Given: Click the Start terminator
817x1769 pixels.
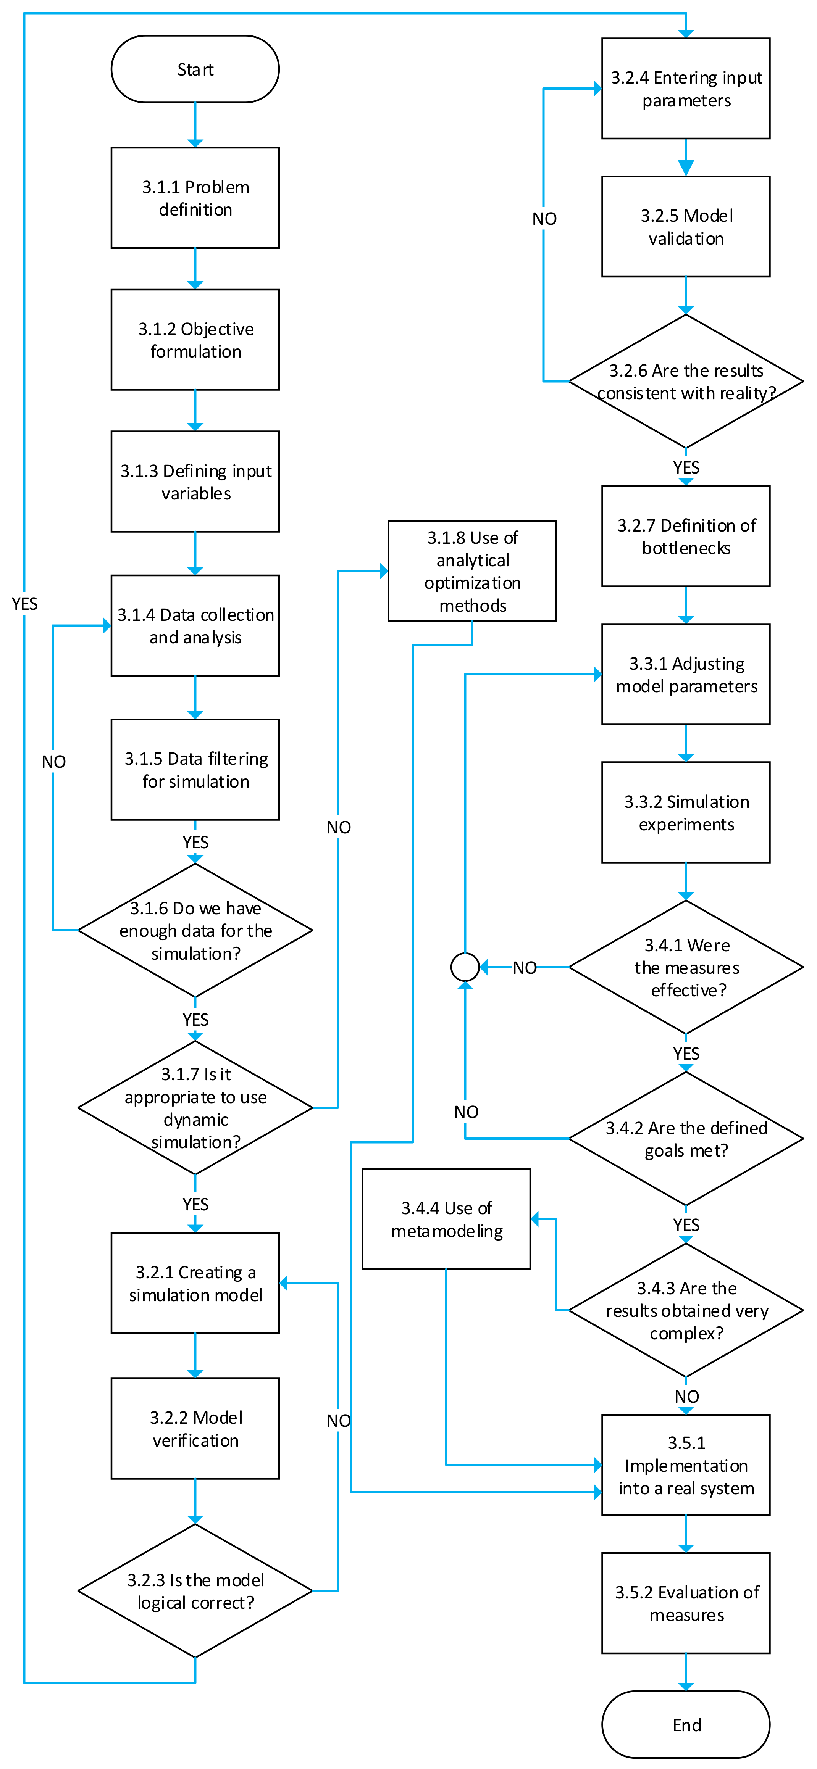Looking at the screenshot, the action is tap(195, 69).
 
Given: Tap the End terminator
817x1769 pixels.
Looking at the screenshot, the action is tap(686, 1724).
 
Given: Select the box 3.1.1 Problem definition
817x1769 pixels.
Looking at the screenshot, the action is tap(195, 198).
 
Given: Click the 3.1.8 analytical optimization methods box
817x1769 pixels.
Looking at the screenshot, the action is tap(472, 571).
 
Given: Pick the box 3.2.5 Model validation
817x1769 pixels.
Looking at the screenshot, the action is tap(686, 227).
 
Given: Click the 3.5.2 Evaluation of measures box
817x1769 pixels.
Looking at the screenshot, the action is tap(686, 1603).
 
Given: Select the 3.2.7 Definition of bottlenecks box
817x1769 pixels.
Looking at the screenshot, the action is tap(686, 536).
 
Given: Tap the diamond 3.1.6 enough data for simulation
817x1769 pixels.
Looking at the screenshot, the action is tap(195, 931).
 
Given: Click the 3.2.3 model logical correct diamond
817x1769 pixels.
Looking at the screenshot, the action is tap(195, 1590).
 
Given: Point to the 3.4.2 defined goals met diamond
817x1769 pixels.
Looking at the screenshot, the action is tap(686, 1139).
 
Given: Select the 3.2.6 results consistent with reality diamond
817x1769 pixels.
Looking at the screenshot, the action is tap(686, 381).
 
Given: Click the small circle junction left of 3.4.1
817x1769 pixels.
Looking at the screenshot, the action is tap(465, 967).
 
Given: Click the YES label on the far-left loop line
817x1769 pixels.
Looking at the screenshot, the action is tap(25, 604).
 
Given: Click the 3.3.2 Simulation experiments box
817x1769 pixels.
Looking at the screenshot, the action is tap(686, 812).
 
